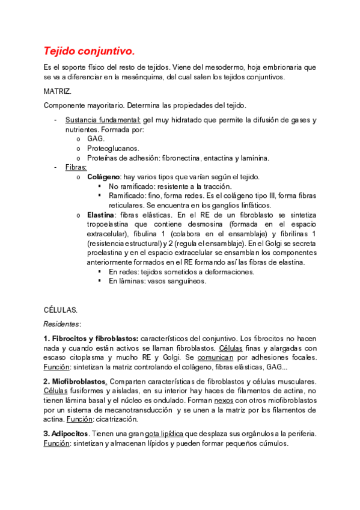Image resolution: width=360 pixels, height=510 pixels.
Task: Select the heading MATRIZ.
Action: coord(58,91)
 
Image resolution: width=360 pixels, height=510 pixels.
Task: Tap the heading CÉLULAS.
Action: coord(60,310)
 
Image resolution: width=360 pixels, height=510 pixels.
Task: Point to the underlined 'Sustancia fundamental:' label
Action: coord(103,120)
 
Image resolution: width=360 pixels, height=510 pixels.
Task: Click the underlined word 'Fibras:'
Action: coord(76,167)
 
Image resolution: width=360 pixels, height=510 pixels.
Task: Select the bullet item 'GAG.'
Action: coord(96,139)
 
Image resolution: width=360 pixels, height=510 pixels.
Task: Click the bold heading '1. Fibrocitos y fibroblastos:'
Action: coord(91,339)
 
